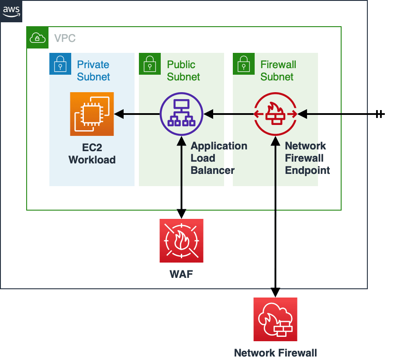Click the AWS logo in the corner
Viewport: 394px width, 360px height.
(x=11, y=11)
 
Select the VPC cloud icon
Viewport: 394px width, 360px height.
(x=38, y=38)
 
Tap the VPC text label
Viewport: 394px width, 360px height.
(x=65, y=38)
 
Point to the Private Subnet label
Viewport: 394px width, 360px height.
(x=93, y=71)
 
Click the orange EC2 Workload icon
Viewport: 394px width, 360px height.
(x=92, y=114)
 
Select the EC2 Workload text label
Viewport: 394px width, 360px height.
(x=92, y=154)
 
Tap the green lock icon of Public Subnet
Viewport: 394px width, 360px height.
(x=150, y=64)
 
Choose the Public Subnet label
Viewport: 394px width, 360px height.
(x=183, y=71)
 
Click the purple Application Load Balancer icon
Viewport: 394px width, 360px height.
(x=181, y=114)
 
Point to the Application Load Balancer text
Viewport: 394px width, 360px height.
(x=218, y=158)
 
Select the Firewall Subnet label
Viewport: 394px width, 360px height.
(x=278, y=71)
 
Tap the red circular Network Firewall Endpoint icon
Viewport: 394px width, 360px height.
(x=276, y=114)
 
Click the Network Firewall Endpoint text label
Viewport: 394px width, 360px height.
(x=307, y=158)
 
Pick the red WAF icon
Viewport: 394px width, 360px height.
(x=181, y=241)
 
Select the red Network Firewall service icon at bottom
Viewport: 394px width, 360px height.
(x=275, y=319)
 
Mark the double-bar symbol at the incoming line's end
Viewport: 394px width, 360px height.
(x=380, y=114)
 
